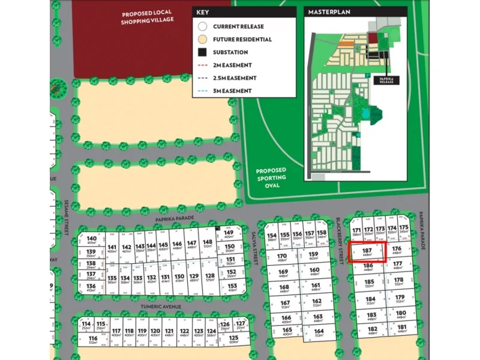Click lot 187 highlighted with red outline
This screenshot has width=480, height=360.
click(x=368, y=252)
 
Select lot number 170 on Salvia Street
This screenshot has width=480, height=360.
click(x=283, y=257)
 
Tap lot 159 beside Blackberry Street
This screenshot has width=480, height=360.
click(x=313, y=256)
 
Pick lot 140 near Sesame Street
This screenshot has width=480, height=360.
click(x=91, y=239)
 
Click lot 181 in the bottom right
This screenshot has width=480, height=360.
click(x=400, y=328)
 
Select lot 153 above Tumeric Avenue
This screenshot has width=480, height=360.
click(x=232, y=287)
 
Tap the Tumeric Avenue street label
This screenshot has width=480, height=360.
click(x=160, y=307)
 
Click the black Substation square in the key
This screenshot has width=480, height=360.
click(x=202, y=52)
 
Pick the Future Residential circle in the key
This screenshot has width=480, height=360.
click(x=202, y=40)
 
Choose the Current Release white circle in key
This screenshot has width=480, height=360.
click(x=202, y=27)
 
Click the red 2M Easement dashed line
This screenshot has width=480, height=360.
click(x=202, y=65)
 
